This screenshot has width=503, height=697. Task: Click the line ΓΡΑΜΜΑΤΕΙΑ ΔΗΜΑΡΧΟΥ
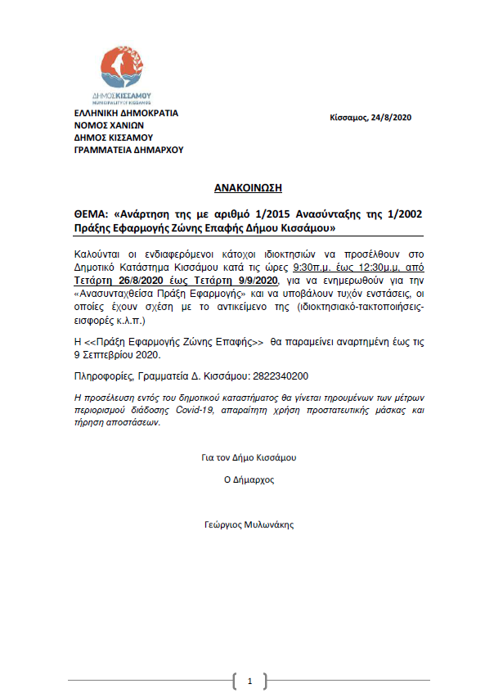[x=128, y=150]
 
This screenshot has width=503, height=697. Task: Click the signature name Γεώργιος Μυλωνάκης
[x=249, y=524]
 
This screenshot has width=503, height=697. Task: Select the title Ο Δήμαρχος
[x=249, y=479]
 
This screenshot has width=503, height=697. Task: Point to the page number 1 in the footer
[x=250, y=681]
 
